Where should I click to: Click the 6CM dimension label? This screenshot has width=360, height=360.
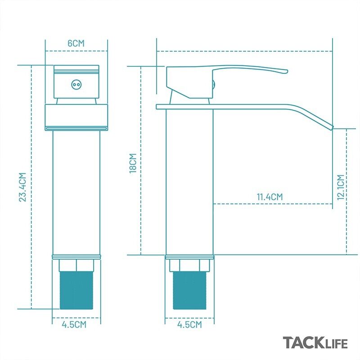[76, 43]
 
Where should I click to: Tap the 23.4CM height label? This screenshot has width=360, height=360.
[22, 187]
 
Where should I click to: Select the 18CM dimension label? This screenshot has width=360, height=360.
[133, 163]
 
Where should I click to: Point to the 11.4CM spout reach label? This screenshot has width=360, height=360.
[270, 197]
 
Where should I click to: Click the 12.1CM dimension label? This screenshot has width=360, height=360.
[341, 187]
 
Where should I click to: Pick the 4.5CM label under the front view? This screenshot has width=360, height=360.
[74, 324]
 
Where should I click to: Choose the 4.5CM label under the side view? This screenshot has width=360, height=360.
[189, 324]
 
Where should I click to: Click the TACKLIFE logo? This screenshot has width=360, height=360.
[315, 343]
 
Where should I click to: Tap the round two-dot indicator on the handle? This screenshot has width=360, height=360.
[76, 85]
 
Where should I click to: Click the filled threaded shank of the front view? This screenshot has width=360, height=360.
[76, 290]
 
